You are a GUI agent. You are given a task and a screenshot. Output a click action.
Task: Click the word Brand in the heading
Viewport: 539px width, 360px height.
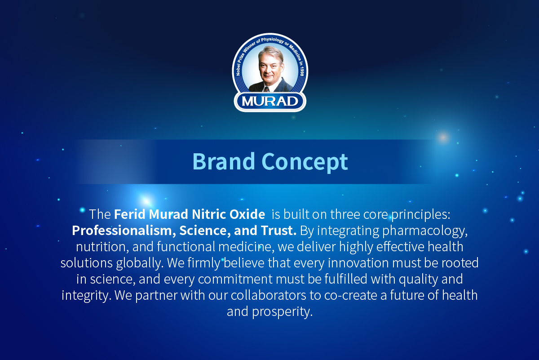(224, 161)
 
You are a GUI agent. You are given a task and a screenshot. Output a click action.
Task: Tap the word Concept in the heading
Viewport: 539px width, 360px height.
(305, 163)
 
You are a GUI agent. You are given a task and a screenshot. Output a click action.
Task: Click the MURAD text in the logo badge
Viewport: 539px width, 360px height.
(270, 101)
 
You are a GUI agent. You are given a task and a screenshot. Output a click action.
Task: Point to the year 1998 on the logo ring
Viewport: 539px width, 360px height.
(302, 71)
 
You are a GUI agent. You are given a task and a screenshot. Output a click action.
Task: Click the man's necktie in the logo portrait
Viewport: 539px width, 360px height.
(267, 89)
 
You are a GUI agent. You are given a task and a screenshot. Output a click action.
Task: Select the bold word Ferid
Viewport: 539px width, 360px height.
(130, 214)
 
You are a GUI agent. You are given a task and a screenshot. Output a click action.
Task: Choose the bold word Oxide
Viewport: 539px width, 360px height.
(247, 214)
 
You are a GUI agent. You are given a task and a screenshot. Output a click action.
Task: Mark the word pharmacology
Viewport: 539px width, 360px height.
(425, 231)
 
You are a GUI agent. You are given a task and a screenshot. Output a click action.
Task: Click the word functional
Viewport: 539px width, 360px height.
(186, 247)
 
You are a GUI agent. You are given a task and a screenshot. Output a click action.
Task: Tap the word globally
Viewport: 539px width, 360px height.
(140, 263)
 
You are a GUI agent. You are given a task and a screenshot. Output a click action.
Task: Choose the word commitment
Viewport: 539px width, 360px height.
(235, 279)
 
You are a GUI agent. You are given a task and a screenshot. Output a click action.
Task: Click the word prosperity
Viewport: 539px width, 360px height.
(282, 312)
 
